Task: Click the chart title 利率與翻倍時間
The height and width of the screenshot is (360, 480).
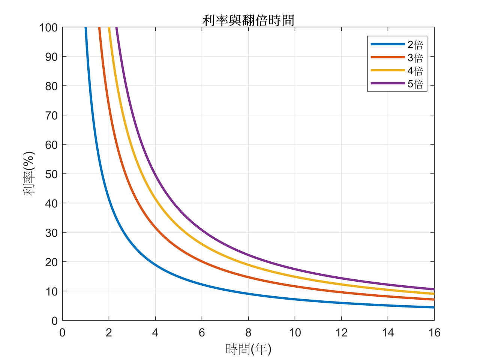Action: tap(248, 20)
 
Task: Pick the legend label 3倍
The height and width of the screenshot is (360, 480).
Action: tap(415, 58)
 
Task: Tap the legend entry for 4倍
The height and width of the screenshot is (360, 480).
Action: tap(415, 71)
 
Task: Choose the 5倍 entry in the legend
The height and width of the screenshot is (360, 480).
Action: tap(415, 84)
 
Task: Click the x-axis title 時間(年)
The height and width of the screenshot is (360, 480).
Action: tap(248, 349)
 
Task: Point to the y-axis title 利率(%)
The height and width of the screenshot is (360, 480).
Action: tap(29, 174)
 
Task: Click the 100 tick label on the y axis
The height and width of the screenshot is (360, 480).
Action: tap(48, 28)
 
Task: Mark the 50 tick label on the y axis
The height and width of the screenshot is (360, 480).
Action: tap(51, 174)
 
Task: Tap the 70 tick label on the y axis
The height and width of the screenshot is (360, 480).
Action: tap(51, 115)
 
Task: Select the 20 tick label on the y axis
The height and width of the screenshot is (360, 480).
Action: tap(51, 262)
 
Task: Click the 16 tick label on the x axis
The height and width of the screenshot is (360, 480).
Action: tap(434, 333)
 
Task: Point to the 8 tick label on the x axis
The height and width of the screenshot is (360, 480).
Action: tap(248, 333)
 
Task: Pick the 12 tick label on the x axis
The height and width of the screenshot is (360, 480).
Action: tap(341, 333)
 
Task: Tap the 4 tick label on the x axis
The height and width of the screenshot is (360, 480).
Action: tap(155, 333)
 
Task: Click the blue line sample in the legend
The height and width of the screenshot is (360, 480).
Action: tap(388, 44)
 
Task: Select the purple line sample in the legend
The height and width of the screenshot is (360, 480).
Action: tap(388, 83)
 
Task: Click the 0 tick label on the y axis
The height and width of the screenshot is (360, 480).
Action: tap(54, 321)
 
